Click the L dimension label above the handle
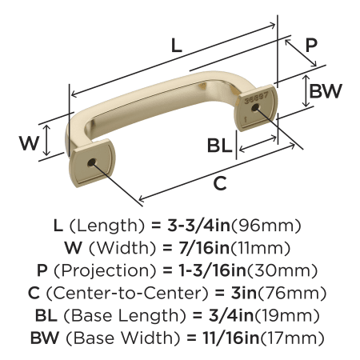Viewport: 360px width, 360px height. (176, 46)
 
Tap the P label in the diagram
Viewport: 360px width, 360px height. (311, 45)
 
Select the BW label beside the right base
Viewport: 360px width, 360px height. (326, 91)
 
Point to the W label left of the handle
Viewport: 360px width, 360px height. (29, 142)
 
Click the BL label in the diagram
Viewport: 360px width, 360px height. (220, 146)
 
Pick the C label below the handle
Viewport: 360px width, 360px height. (220, 183)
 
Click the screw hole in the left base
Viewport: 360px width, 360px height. (92, 162)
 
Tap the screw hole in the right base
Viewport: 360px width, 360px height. (255, 108)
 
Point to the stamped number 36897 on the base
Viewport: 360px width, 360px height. (256, 97)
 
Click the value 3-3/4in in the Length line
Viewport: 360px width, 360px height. (198, 226)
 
